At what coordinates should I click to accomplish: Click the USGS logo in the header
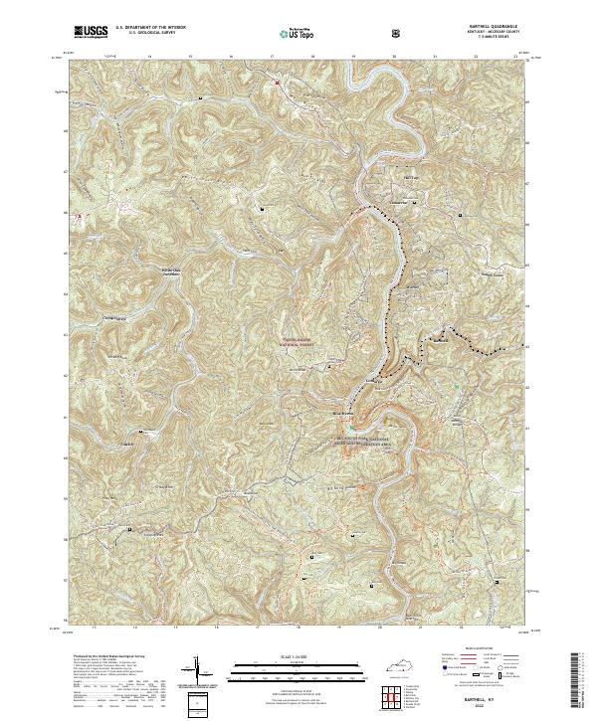point(92,33)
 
